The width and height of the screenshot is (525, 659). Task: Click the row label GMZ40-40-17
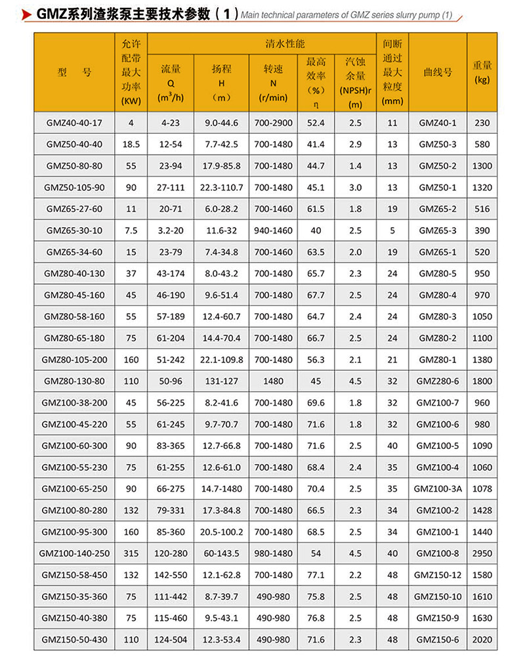pos(74,123)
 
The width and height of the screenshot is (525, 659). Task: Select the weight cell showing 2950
pos(482,553)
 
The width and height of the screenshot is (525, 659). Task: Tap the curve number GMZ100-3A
pos(438,489)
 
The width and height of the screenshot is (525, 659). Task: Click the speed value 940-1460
pos(273,230)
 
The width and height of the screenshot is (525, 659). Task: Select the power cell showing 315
pos(131,553)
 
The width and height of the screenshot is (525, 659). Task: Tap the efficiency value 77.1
pos(316,575)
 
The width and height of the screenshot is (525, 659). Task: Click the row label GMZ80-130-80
pos(74,381)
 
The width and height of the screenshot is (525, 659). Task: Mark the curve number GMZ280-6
pos(438,381)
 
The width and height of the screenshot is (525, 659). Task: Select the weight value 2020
pos(482,640)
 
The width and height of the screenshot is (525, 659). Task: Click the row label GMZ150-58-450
pos(74,575)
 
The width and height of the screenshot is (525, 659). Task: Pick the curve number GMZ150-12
pos(438,575)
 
